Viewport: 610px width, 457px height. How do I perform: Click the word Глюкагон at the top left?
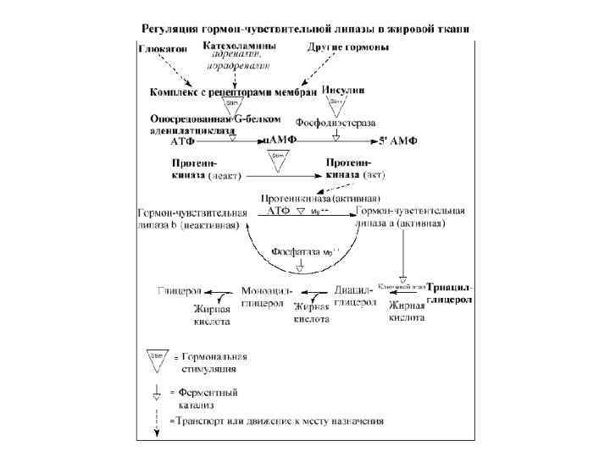point(162,47)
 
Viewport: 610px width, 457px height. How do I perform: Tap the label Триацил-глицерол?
point(450,294)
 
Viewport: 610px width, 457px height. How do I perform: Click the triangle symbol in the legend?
point(158,359)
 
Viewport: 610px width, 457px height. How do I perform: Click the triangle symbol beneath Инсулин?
point(335,106)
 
